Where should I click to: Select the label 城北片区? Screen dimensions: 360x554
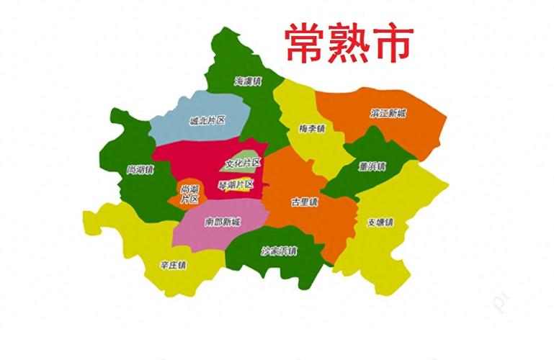[207, 121]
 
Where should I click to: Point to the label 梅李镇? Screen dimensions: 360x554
[312, 129]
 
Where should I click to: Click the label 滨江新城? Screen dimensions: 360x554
[388, 114]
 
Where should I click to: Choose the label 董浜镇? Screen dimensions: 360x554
[372, 166]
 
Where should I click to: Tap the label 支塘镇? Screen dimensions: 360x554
[379, 222]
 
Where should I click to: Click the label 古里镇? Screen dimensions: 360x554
[304, 202]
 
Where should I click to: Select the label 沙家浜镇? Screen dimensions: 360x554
[279, 251]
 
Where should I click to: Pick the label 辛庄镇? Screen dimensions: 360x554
[173, 265]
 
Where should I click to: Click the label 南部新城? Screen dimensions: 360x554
[223, 221]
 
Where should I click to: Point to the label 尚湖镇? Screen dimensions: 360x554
[140, 170]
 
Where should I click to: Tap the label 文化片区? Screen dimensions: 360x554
[243, 163]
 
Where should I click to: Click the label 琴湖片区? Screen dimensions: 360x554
[236, 184]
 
